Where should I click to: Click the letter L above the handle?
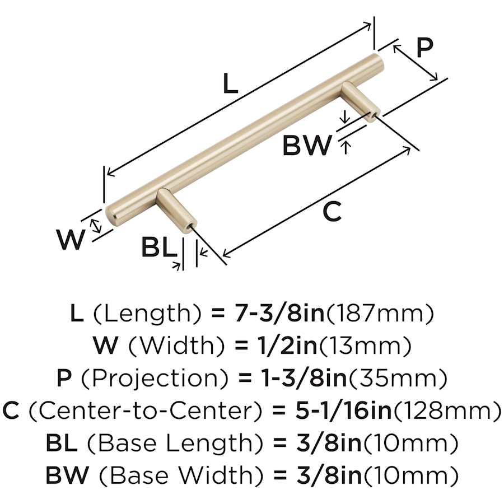click(x=230, y=84)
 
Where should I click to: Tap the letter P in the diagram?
click(x=425, y=49)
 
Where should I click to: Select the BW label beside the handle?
click(x=307, y=146)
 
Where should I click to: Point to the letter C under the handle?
click(x=332, y=212)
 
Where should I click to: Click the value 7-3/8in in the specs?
click(x=277, y=314)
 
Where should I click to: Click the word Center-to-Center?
click(x=144, y=411)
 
